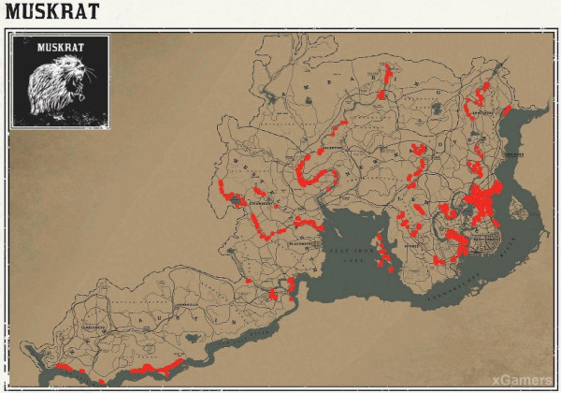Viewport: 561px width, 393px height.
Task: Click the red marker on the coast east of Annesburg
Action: coord(506,110)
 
